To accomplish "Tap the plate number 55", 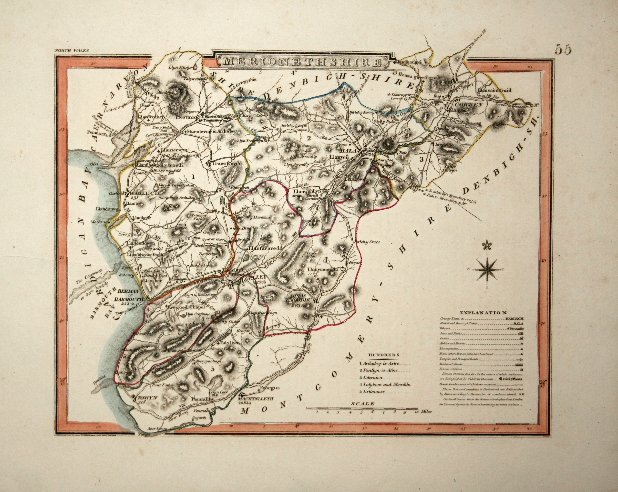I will (563, 49).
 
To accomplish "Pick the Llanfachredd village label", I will (266, 248).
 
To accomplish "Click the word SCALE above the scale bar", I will (363, 404).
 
